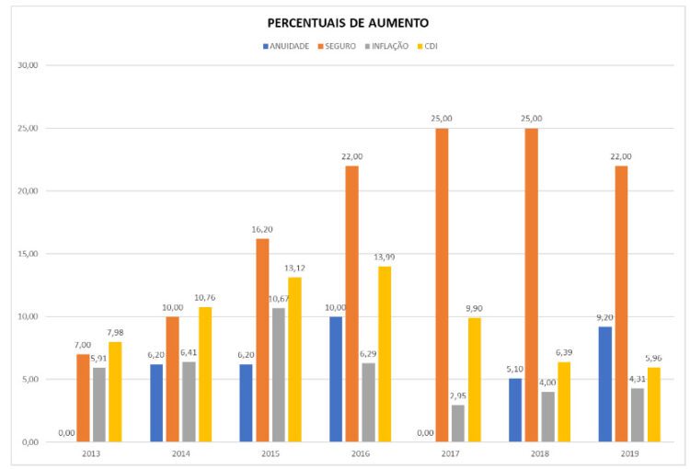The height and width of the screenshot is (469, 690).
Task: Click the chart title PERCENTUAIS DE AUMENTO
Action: coord(347,22)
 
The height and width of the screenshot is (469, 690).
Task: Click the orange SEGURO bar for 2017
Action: coord(442,285)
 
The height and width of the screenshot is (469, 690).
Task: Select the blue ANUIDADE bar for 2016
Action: coord(336,379)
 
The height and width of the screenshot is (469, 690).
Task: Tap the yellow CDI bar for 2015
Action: coord(295,360)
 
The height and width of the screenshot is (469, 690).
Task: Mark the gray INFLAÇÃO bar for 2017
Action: coord(457,423)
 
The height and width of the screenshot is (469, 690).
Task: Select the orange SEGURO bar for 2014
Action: coord(173,379)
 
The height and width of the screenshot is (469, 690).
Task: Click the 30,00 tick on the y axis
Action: coord(29,66)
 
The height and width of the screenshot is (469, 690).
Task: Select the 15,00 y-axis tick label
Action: coord(29,254)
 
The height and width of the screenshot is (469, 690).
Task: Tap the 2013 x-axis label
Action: coord(91,454)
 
